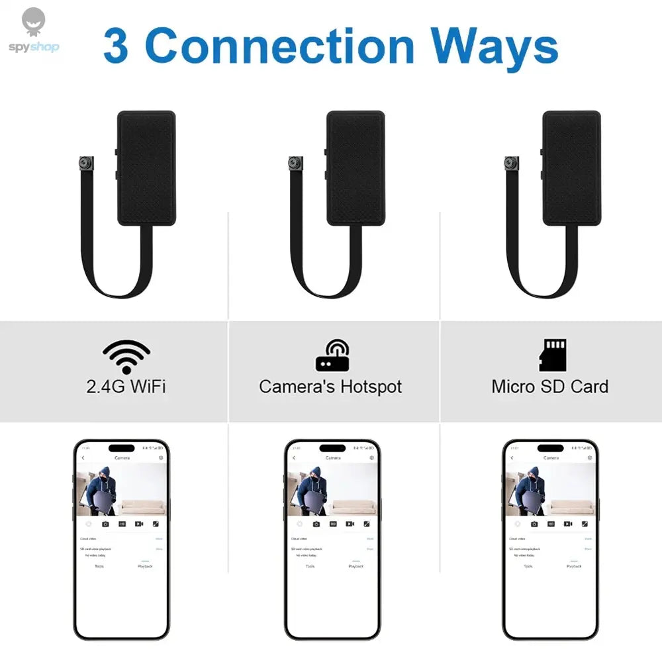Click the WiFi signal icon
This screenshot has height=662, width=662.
click(x=126, y=357)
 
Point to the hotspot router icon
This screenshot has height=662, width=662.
click(x=332, y=356)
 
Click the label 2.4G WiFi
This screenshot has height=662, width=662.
click(x=126, y=387)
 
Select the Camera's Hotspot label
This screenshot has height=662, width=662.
click(x=330, y=387)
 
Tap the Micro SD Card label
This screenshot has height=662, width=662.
click(x=549, y=387)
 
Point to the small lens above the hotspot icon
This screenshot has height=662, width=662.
click(x=294, y=162)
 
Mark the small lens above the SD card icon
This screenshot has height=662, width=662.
click(x=510, y=162)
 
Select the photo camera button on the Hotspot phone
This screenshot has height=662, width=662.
click(x=316, y=524)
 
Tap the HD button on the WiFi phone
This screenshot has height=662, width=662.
click(x=122, y=524)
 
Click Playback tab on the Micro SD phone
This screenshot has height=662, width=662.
click(x=574, y=566)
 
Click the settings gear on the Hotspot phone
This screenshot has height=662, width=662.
click(x=372, y=458)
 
